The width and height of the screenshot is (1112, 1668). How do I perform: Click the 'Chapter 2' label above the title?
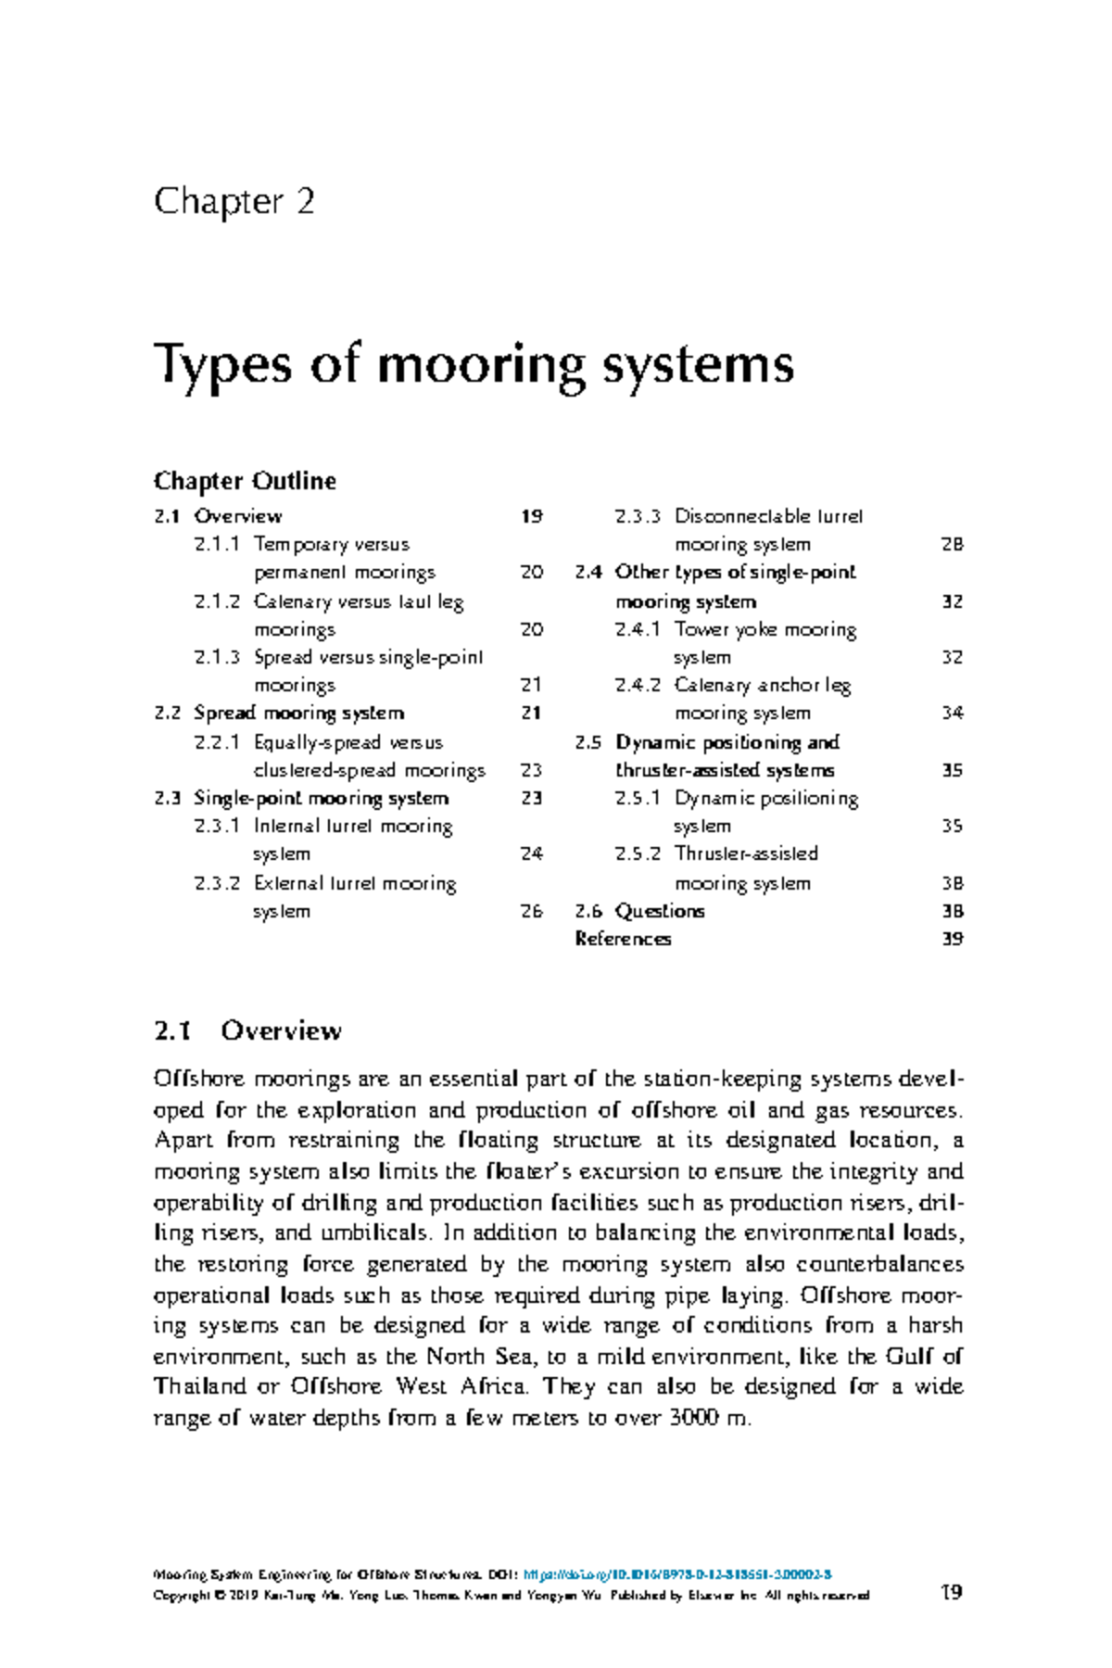234,201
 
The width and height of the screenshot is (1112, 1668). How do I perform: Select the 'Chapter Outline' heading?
245,481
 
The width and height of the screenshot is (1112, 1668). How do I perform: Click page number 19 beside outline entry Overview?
531,516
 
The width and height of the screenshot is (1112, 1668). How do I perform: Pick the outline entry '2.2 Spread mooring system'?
279,714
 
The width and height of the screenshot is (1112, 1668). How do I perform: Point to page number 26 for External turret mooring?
531,911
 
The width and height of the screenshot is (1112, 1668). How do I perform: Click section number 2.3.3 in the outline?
638,516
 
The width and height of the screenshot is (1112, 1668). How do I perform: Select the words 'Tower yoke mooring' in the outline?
765,629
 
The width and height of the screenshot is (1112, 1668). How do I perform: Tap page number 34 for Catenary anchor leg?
952,714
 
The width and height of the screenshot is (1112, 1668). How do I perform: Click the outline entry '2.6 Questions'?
639,911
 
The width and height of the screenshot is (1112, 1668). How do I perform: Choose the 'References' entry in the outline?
623,939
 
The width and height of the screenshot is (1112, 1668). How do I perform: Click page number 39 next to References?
952,939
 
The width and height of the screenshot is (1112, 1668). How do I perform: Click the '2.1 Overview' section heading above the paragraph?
248,1030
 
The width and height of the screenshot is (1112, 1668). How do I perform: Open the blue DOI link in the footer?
677,1574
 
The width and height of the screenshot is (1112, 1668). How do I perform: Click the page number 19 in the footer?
951,1592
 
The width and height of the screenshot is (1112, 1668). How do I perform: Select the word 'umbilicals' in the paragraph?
374,1233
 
